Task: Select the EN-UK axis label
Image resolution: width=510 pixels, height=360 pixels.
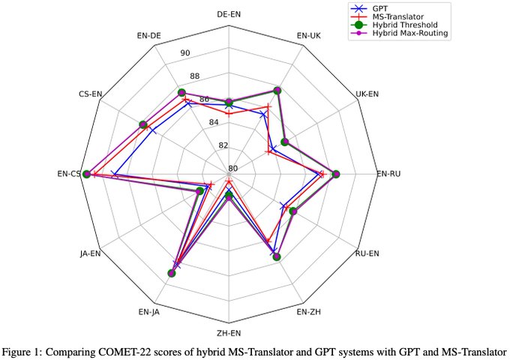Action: tap(309, 34)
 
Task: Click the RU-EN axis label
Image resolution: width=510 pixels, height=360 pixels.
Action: tap(367, 253)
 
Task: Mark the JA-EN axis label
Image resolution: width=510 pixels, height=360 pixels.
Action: tap(90, 253)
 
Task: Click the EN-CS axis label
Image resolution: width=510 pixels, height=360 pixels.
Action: tap(68, 174)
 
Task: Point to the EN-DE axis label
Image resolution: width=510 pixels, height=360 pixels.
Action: tap(149, 34)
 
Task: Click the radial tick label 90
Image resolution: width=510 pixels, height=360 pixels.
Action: tap(184, 52)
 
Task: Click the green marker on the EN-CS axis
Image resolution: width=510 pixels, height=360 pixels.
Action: tap(86, 174)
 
